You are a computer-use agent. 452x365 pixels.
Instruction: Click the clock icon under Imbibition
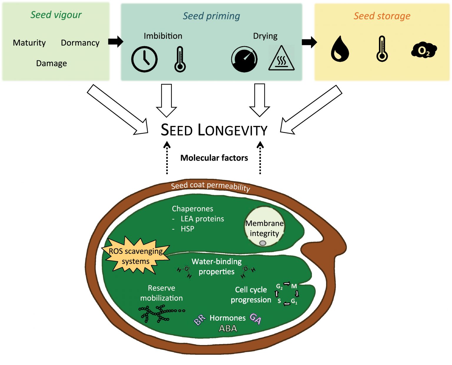point(144,59)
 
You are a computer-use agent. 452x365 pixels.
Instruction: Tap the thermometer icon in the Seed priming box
point(180,59)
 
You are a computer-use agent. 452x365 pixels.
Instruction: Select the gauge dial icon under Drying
point(244,59)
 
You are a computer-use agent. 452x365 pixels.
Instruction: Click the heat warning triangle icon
point(281,59)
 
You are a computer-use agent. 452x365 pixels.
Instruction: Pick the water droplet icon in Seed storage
point(340,49)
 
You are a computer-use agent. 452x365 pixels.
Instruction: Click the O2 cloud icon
point(424,50)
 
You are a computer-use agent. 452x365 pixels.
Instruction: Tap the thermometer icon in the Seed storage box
point(382,49)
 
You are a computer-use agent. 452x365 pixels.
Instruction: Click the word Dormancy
point(80,43)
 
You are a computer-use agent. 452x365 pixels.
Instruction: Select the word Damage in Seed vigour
point(51,63)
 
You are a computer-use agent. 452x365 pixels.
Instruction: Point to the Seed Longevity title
point(214,130)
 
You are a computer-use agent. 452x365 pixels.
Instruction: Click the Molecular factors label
point(214,158)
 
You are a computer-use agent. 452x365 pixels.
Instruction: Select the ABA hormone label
point(228,328)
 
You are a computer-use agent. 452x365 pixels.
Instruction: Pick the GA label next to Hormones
point(255,319)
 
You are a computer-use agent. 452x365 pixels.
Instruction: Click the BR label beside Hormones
point(200,320)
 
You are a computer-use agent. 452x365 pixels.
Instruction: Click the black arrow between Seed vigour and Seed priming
point(115,41)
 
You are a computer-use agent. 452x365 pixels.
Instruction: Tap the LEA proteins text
point(202,219)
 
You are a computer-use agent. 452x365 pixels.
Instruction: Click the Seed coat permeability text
point(210,186)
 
